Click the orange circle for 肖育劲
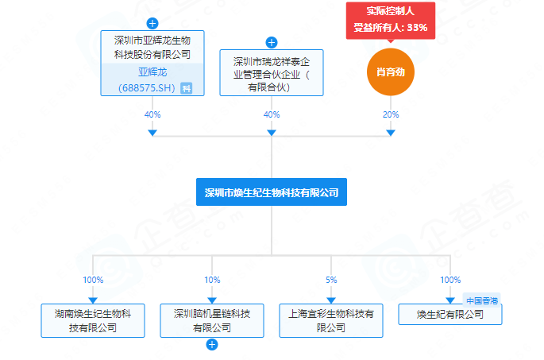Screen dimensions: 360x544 tap(391, 72)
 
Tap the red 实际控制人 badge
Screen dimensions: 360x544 tap(391, 20)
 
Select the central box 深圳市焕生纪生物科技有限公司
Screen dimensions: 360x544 tap(272, 192)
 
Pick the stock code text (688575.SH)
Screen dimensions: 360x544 tap(146, 87)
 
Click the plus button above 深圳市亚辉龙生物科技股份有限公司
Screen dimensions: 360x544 tap(152, 23)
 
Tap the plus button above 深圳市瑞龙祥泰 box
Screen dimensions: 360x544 tap(272, 42)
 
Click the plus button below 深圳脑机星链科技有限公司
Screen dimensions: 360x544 tap(212, 345)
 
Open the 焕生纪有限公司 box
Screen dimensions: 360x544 tap(450, 315)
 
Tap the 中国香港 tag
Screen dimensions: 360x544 tap(483, 300)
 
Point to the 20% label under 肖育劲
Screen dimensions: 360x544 tap(391, 115)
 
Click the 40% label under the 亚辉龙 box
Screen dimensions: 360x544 tap(152, 115)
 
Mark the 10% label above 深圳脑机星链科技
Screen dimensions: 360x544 tap(212, 280)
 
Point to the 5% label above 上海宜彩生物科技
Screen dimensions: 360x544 tap(331, 280)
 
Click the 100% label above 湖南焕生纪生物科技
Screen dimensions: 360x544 tap(93, 280)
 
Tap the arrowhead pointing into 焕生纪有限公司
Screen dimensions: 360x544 tap(450, 300)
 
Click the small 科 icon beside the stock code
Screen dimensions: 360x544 tap(186, 88)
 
